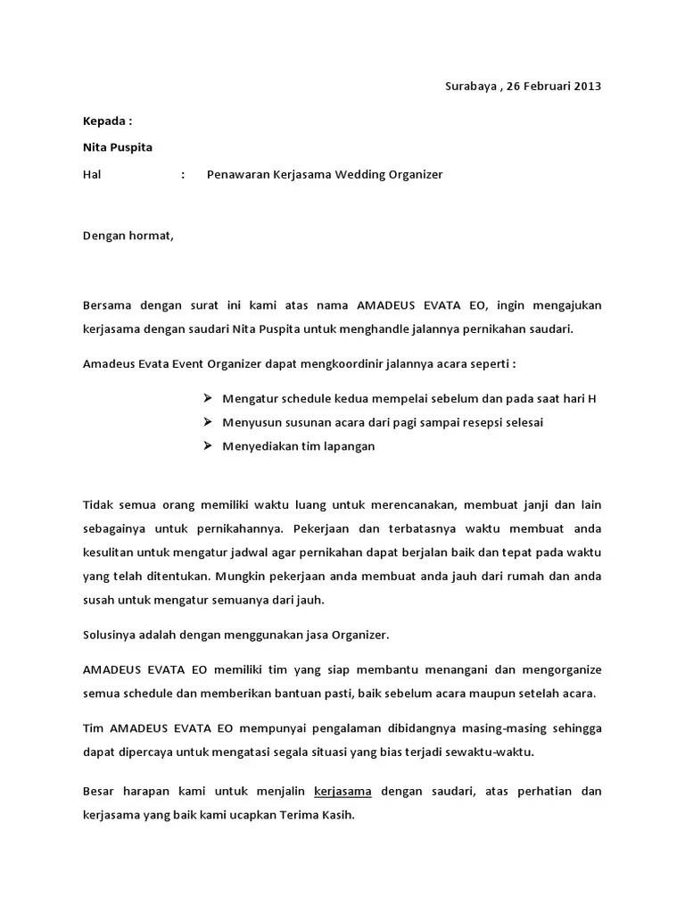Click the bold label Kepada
tap(107, 121)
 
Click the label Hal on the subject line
tap(92, 175)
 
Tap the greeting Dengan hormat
tap(128, 236)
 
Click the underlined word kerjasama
tap(343, 792)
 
